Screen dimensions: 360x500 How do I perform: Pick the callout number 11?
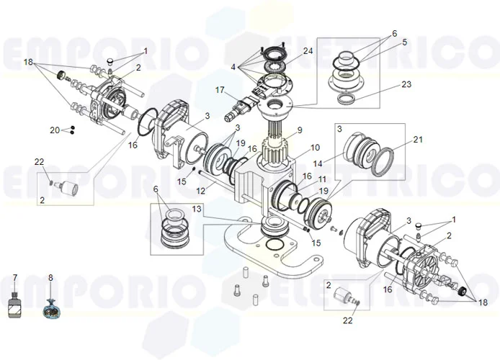(323, 179)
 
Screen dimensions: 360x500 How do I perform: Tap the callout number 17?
(220, 90)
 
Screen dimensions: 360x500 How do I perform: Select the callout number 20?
(55, 130)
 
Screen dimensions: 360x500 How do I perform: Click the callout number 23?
(406, 84)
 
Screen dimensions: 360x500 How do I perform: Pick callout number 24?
(308, 51)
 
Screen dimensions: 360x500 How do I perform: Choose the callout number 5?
(405, 42)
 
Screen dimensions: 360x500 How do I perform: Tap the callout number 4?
(233, 67)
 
